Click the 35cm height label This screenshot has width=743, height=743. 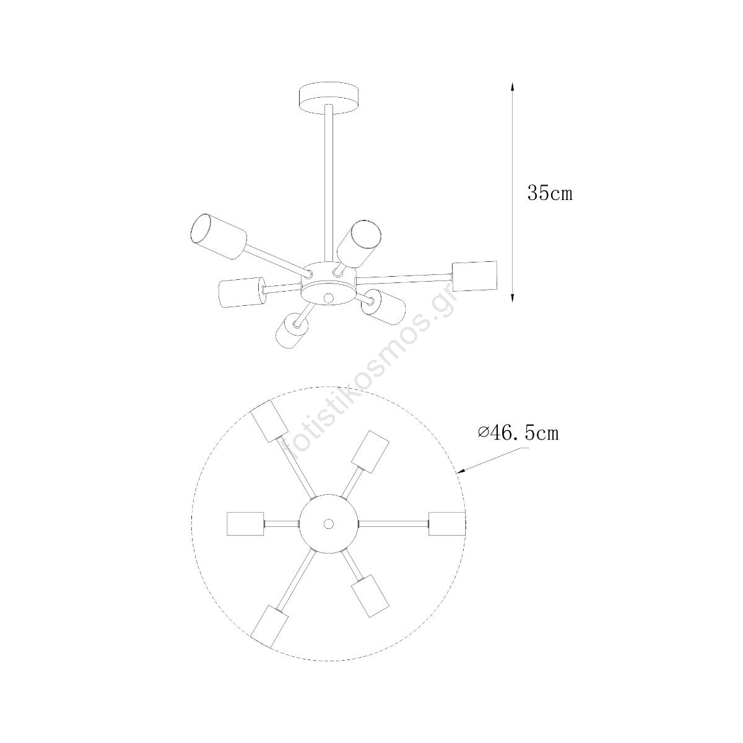(550, 193)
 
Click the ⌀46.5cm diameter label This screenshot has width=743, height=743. (518, 433)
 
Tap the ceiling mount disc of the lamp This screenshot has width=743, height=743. (329, 99)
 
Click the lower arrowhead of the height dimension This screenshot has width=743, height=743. (512, 298)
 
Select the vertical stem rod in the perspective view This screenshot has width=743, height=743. (329, 185)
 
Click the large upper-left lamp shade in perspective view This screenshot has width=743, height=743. (218, 237)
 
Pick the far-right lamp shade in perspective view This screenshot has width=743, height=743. (475, 277)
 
